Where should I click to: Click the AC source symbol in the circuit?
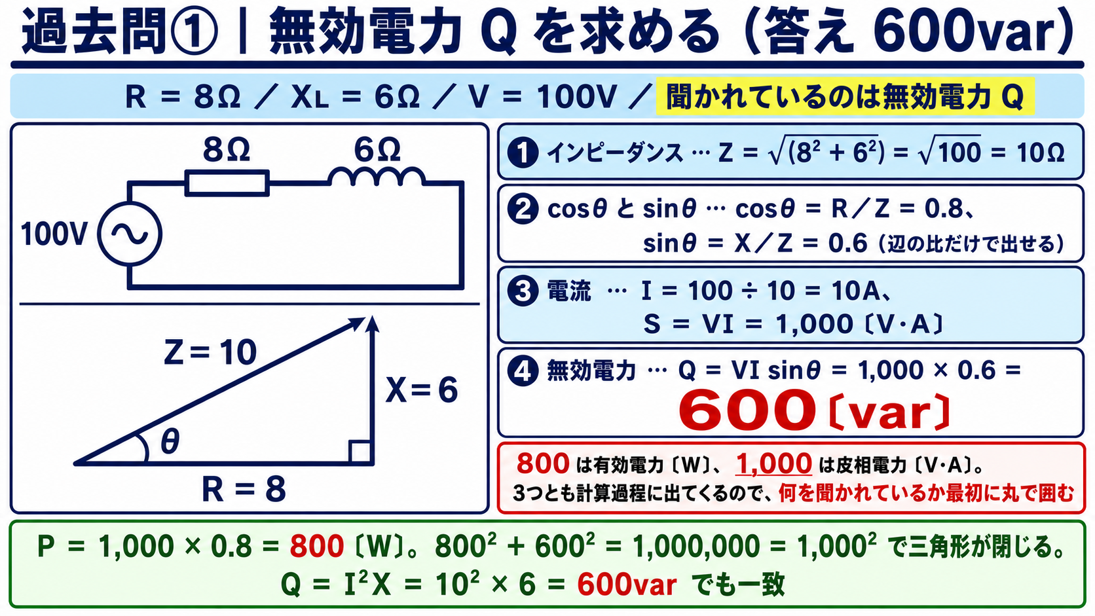130,234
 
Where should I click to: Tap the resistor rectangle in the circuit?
227,183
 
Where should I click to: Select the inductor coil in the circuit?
377,177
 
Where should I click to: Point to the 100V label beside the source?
54,234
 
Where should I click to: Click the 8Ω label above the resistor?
227,149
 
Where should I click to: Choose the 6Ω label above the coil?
377,149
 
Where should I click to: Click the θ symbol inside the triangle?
170,442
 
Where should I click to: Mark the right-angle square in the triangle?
360,452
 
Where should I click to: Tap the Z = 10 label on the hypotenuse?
210,352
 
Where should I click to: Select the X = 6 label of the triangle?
421,390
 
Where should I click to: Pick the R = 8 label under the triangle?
244,490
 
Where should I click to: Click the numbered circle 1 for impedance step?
523,153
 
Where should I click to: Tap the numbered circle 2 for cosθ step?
523,209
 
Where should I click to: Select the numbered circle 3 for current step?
523,291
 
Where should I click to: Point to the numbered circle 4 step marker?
523,371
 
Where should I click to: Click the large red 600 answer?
747,410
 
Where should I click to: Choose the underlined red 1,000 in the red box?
773,463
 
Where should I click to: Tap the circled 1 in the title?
195,32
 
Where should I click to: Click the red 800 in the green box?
317,546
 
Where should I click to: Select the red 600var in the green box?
627,584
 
